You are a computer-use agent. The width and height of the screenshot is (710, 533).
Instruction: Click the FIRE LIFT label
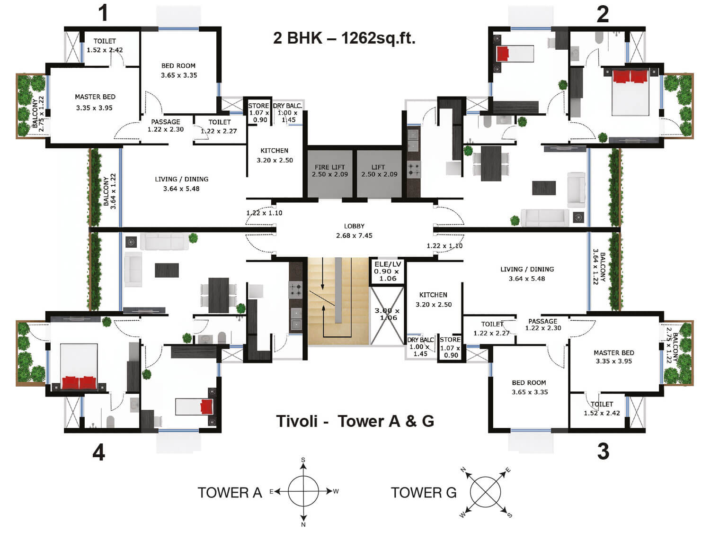(329, 167)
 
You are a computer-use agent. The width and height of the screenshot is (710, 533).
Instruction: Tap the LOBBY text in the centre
(354, 226)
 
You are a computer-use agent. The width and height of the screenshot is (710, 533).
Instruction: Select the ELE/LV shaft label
(388, 264)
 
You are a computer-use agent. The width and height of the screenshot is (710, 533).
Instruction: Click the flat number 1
(103, 13)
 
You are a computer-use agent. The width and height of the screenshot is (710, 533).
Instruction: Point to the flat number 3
(603, 451)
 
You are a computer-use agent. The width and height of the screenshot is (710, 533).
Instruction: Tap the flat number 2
(602, 14)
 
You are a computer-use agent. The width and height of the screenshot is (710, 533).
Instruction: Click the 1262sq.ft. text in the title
(378, 38)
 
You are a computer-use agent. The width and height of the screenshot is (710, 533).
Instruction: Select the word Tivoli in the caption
(297, 421)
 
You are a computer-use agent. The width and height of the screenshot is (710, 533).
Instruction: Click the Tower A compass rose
(303, 491)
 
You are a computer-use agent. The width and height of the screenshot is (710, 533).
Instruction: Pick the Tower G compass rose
(485, 492)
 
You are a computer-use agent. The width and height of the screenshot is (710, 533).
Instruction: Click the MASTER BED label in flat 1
(95, 97)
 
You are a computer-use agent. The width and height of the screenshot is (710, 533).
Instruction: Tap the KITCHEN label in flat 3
(433, 295)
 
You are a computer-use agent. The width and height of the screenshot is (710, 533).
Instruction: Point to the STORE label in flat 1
(258, 106)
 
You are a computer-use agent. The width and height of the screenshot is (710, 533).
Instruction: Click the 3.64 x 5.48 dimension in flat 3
(527, 279)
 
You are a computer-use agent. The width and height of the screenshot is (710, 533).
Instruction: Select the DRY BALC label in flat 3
(420, 340)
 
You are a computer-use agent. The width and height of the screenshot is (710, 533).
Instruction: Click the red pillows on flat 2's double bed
(630, 77)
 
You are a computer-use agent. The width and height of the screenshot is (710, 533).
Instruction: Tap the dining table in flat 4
(219, 295)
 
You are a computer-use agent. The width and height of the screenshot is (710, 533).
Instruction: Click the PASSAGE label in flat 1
(166, 122)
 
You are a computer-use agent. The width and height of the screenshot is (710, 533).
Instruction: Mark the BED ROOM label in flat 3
(529, 382)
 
